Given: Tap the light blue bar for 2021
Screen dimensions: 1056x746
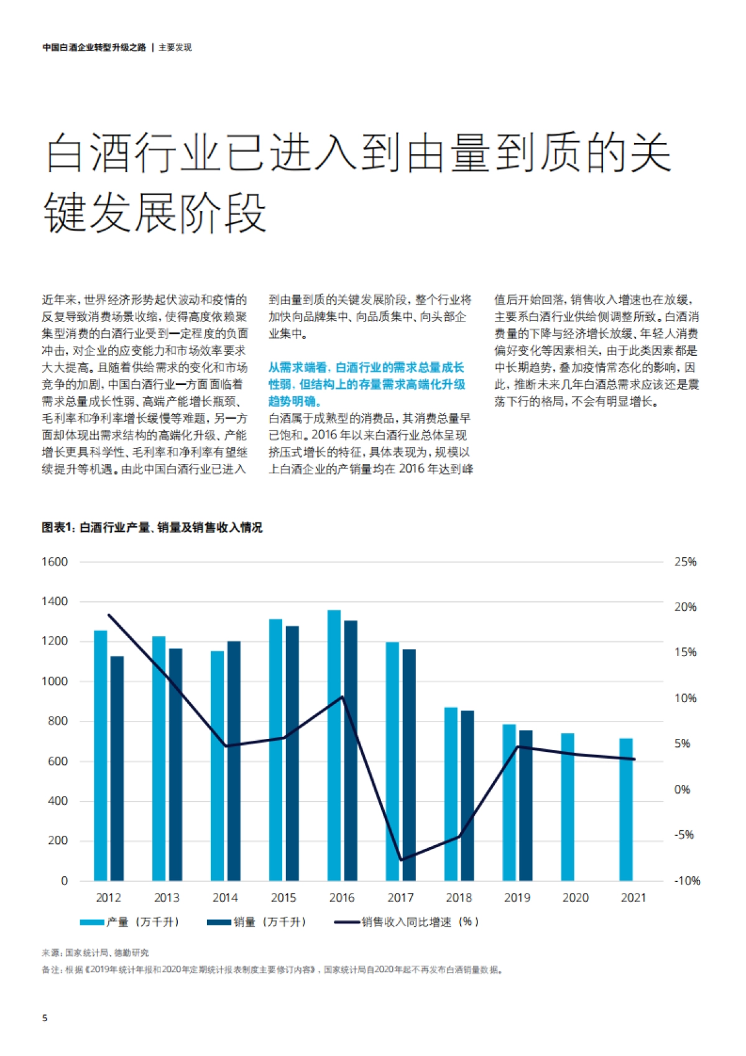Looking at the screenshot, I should tap(626, 809).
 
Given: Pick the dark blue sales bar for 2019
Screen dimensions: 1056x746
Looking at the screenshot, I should tap(526, 805).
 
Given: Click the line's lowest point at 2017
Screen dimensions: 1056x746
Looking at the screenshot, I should tap(401, 860).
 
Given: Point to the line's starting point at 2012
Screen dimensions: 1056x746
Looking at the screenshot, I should tap(109, 615).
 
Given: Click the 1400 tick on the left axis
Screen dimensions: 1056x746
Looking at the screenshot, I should tap(55, 601).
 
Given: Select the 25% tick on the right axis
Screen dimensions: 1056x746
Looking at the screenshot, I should tap(685, 562).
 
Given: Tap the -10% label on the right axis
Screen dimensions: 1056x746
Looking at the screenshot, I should tap(687, 881).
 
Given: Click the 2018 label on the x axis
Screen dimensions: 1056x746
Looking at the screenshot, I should tap(459, 898).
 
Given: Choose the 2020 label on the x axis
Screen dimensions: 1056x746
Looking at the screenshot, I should tap(576, 898).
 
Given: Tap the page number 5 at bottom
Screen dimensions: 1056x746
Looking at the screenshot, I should tap(45, 1018).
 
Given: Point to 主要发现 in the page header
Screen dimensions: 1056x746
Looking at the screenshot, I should tap(175, 47).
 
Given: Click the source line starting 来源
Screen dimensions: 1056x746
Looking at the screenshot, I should tap(95, 953).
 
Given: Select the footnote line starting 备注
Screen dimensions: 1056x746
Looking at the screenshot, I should tap(272, 970).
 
